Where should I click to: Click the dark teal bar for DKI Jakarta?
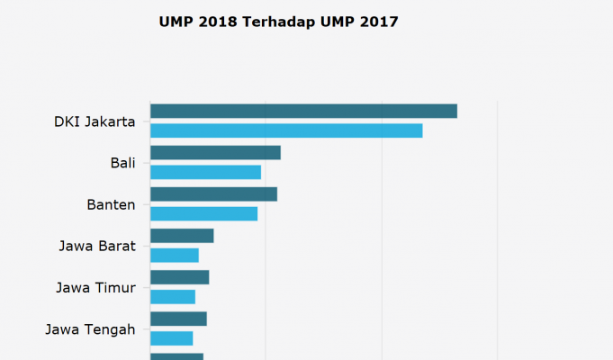point(303,111)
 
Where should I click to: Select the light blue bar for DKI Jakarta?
point(286,130)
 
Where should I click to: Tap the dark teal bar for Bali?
point(215,152)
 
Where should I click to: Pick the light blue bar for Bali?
point(205,172)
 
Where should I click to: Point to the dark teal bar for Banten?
point(213,193)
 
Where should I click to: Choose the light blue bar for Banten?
point(203,213)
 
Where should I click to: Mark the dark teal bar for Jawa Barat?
point(182,235)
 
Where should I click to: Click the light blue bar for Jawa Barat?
point(175,255)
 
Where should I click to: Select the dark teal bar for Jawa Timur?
point(179,277)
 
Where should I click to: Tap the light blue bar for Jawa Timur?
point(173,296)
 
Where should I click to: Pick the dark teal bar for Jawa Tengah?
point(178,319)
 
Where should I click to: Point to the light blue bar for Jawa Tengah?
point(171,338)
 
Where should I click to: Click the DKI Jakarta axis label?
point(95,121)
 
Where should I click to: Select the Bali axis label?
point(122,163)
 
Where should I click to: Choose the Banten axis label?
point(111,204)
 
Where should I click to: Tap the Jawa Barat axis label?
point(97,246)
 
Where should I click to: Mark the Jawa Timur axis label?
point(95,288)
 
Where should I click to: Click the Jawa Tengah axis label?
point(90,329)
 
